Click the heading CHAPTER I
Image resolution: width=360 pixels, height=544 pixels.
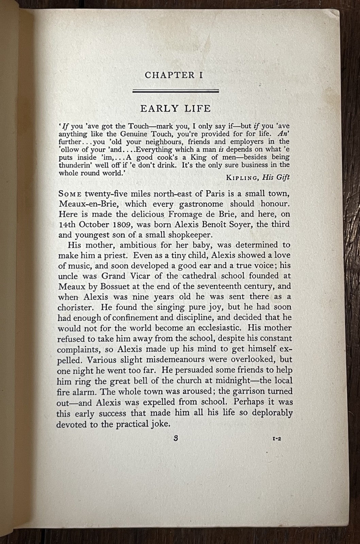[174, 75]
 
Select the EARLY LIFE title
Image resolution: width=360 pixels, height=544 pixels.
[176, 108]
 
